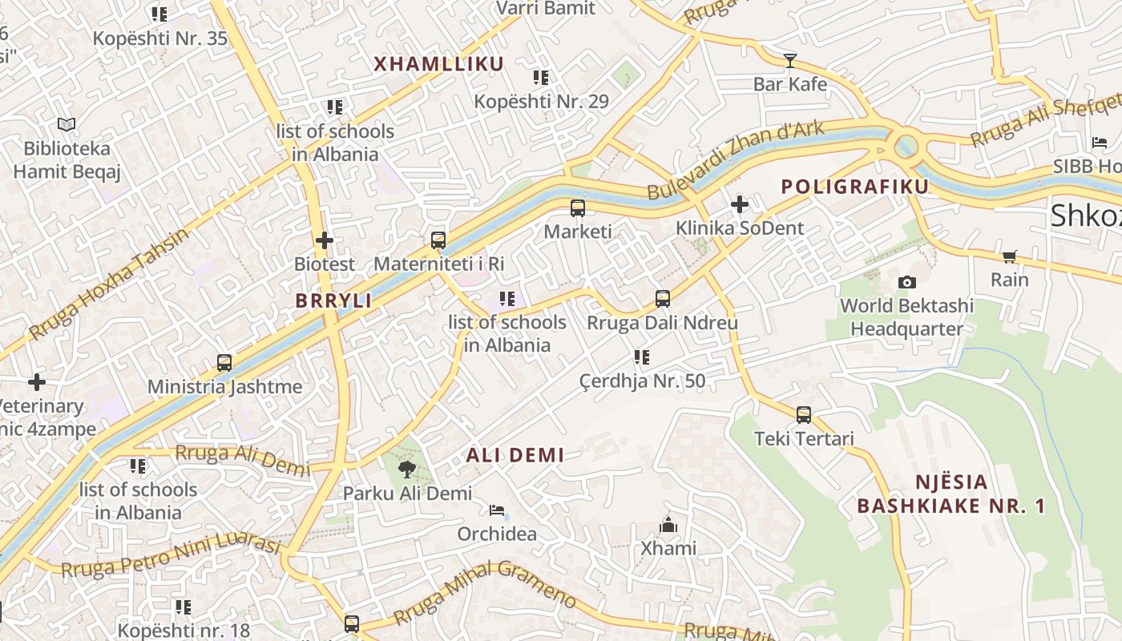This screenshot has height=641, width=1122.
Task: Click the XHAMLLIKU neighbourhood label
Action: [438, 64]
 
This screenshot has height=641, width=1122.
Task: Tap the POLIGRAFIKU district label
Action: [854, 187]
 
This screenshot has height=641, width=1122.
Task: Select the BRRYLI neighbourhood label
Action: [333, 301]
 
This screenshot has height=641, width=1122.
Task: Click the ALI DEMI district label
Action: [515, 455]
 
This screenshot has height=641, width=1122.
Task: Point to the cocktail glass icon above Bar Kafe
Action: [790, 60]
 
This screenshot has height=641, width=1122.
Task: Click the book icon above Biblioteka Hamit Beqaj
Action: [67, 125]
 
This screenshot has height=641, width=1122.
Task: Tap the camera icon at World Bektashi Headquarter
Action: [907, 282]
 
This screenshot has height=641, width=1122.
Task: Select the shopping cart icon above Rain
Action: [1009, 256]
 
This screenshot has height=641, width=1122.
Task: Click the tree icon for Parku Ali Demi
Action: [407, 470]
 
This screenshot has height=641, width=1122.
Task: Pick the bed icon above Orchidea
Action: [497, 510]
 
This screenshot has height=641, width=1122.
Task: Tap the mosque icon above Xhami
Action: [668, 525]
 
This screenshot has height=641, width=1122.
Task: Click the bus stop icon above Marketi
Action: [577, 208]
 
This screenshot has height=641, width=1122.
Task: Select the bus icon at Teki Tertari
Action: [804, 415]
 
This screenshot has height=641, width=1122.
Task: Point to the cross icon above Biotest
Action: [324, 240]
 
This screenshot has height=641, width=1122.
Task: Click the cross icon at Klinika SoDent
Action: [739, 204]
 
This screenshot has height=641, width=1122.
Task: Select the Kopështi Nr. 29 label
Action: [541, 102]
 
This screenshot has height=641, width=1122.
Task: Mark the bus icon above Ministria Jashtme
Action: [224, 363]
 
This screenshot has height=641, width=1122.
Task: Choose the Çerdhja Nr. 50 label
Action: [642, 381]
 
